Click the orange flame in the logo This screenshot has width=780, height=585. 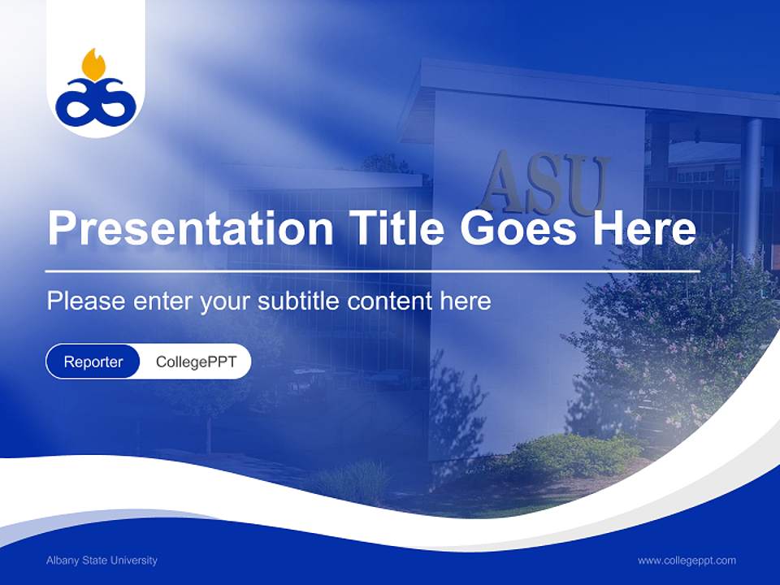94,65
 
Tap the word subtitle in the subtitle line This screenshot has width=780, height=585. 299,301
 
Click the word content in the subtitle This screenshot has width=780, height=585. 392,301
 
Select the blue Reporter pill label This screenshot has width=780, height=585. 93,362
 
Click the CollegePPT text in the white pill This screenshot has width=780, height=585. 196,362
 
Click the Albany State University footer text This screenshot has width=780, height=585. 102,561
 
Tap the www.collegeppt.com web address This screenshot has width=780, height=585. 687,561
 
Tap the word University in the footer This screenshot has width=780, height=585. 136,561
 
